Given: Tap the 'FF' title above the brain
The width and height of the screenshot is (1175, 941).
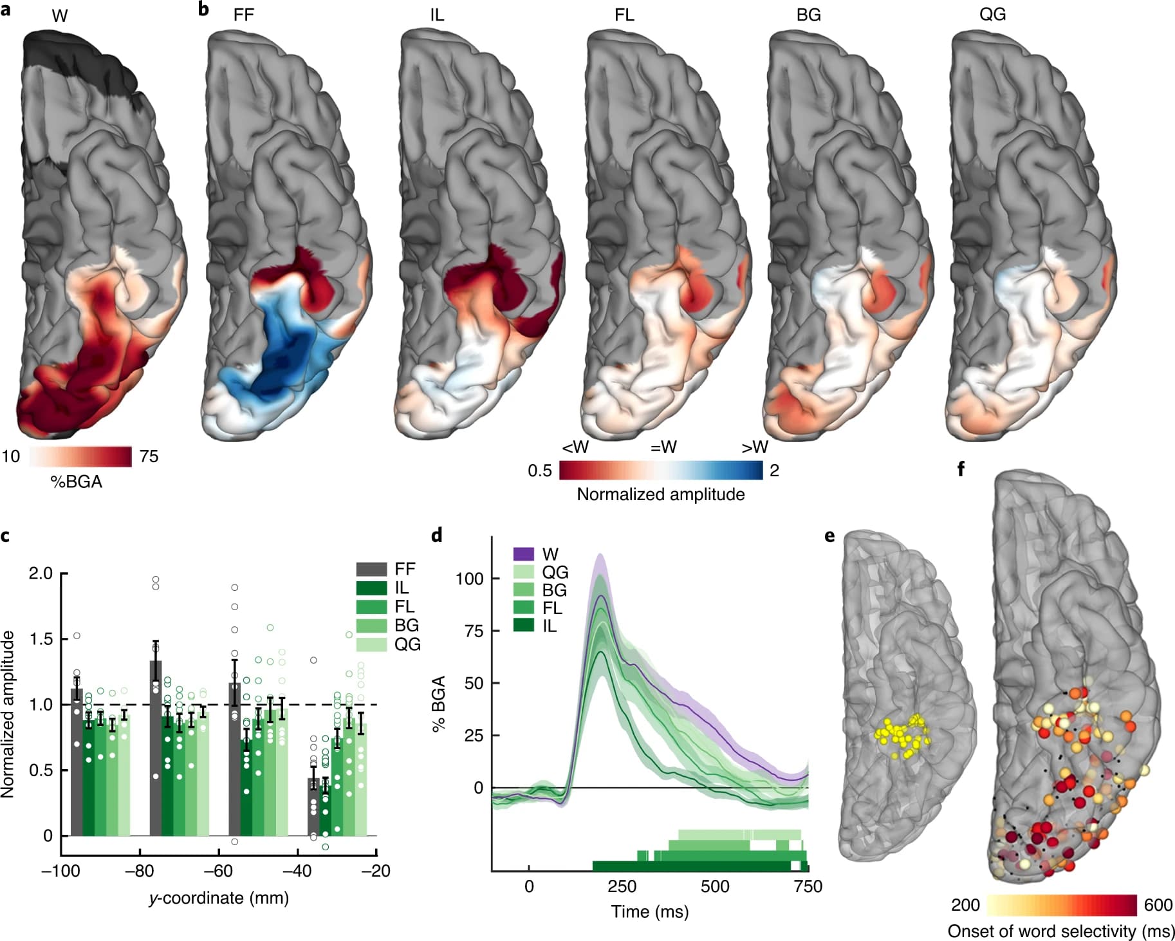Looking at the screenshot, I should coord(244,15).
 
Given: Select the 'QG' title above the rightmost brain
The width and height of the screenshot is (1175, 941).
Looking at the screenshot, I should coord(992,15).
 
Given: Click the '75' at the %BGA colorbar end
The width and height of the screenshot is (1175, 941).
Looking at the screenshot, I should coord(149,456).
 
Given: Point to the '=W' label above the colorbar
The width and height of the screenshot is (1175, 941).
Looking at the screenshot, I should coord(663,447).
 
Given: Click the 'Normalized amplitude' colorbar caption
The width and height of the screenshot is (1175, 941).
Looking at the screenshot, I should coord(660,494).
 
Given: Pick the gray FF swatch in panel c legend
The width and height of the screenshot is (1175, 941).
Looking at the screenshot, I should coord(371,569).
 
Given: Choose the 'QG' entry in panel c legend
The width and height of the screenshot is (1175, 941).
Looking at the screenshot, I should coord(407,644).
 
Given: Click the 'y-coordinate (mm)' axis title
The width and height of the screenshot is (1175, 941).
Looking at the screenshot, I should coord(218,898).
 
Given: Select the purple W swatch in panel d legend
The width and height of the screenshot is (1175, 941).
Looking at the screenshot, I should coord(524,554).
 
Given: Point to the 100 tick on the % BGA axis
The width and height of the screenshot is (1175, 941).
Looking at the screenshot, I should coord(470,579).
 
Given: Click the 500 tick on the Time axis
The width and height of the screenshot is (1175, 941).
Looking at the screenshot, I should coord(715,886).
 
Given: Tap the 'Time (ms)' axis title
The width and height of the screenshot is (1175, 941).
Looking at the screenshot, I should coord(649,911).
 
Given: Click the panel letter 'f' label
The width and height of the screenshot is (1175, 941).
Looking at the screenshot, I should coord(961,469).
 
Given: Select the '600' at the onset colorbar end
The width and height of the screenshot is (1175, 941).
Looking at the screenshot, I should coord(1158,905).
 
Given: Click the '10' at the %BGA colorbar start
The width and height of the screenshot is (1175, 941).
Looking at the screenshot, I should coord(11,456).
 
